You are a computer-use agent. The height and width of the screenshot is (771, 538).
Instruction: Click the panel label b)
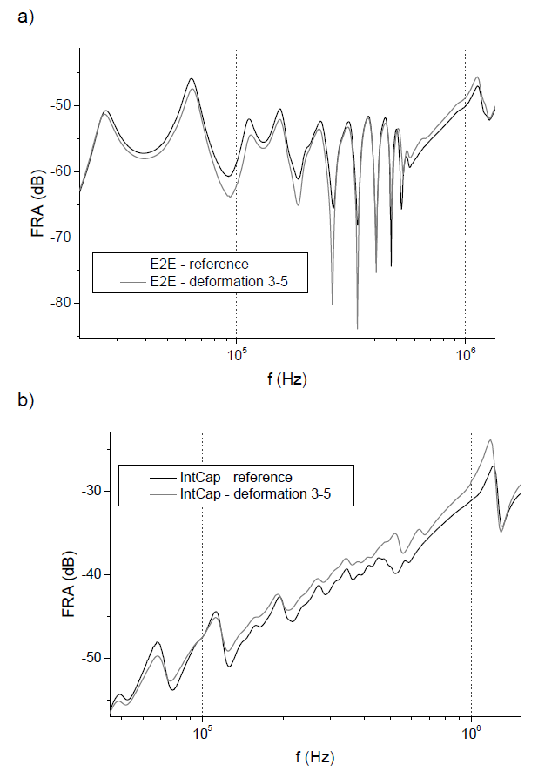26,401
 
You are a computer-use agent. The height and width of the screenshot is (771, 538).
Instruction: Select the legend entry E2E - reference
199,264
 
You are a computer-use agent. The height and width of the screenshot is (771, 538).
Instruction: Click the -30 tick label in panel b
90,492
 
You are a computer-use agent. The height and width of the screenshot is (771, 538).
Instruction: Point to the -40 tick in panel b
90,575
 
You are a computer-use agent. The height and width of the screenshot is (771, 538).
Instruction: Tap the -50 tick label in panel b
90,659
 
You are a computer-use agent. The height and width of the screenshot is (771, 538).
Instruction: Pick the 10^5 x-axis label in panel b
203,732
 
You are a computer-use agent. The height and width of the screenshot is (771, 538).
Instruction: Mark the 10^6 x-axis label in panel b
472,732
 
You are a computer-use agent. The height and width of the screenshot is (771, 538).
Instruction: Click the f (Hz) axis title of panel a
286,380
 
